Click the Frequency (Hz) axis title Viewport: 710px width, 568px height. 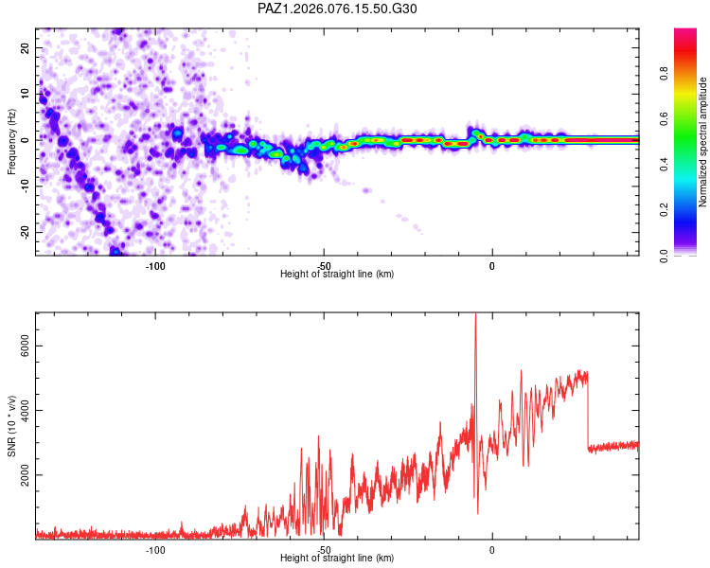[11, 141]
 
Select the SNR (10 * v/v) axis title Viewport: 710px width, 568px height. [11, 425]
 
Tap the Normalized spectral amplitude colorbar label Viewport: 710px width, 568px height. [703, 141]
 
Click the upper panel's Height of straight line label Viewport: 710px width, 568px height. [337, 274]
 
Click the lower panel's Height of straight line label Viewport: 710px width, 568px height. [337, 559]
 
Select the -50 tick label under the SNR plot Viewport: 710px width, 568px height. [324, 549]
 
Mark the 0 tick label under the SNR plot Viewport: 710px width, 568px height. [491, 549]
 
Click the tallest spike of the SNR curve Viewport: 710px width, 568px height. [475, 316]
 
